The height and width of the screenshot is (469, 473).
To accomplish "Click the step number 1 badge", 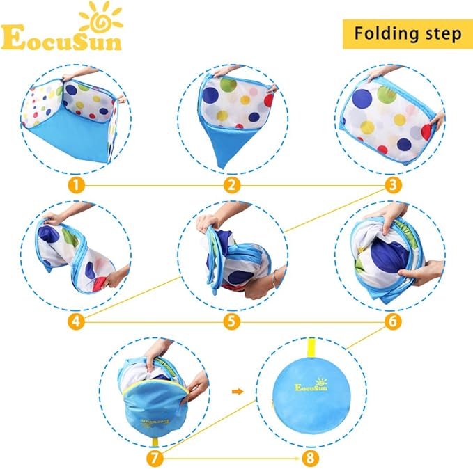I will click(77, 186).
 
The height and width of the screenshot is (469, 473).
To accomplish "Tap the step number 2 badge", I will click(233, 186).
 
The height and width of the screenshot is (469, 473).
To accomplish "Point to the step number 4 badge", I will click(77, 322).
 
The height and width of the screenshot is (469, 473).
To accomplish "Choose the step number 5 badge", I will click(233, 322).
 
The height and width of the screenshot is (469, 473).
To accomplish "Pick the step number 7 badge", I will click(155, 459).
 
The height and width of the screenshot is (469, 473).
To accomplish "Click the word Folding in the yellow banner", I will click(385, 33).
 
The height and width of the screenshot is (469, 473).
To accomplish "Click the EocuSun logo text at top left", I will click(61, 40).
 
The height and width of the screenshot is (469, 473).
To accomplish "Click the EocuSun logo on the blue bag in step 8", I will click(311, 386).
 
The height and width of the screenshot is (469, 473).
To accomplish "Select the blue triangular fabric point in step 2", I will click(223, 150).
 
